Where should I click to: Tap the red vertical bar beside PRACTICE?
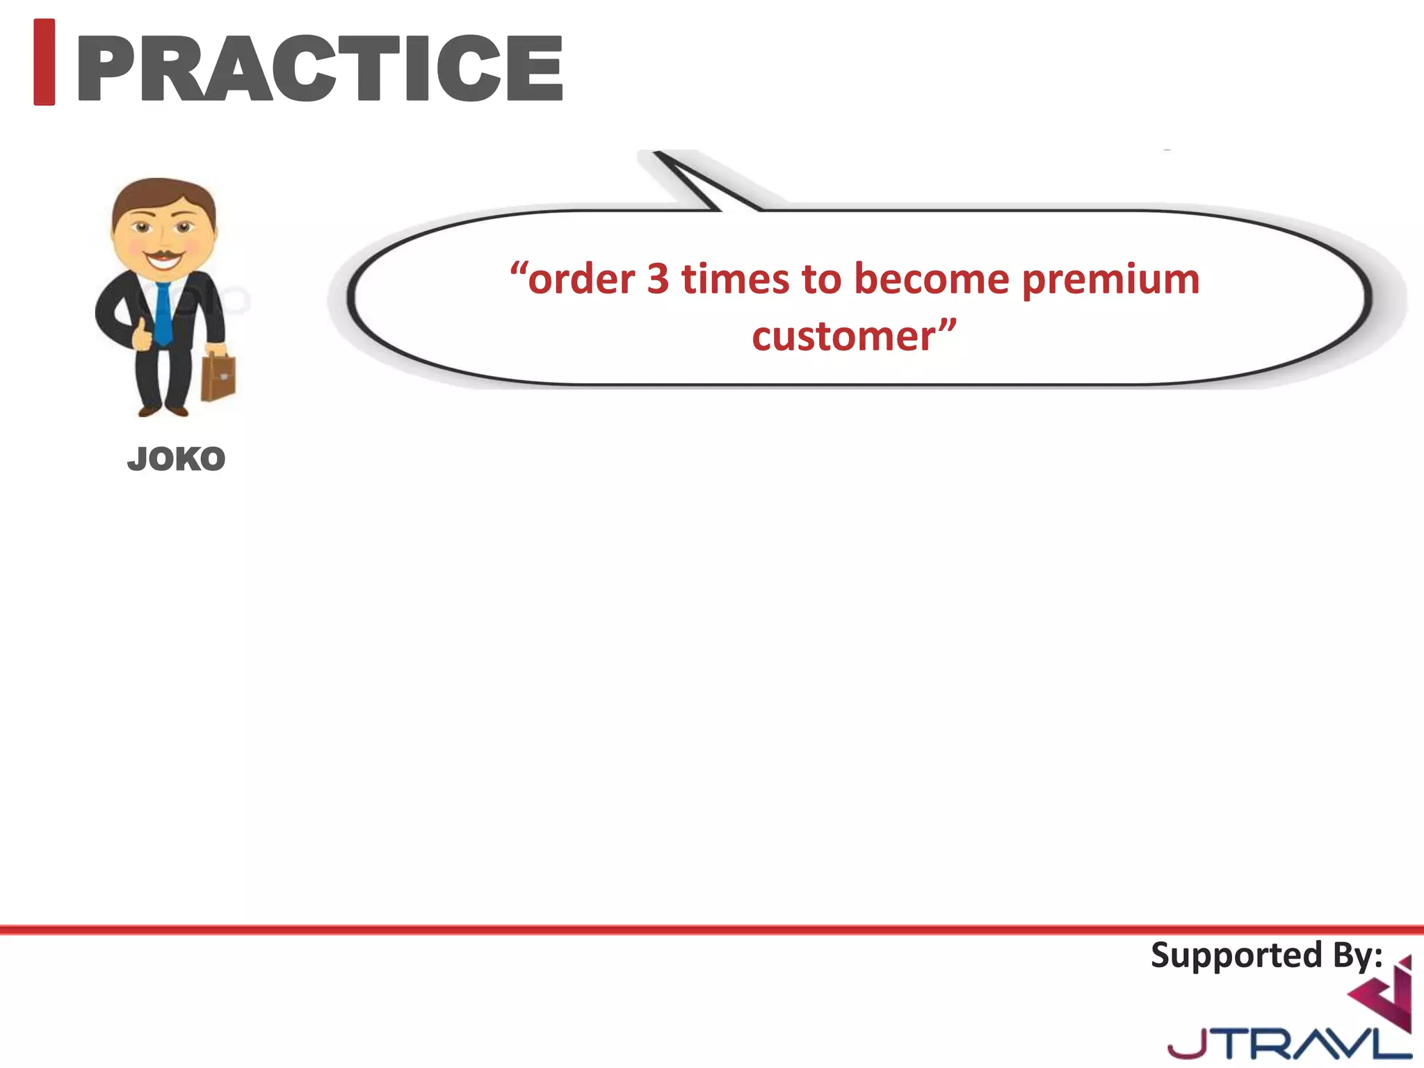click(x=44, y=63)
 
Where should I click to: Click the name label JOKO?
click(x=177, y=460)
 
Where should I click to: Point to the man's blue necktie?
click(x=163, y=313)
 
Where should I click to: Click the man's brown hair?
click(x=163, y=195)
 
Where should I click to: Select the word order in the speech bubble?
click(x=581, y=280)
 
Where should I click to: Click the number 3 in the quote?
click(x=658, y=280)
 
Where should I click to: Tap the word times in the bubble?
click(x=735, y=280)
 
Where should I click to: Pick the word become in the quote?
click(x=931, y=280)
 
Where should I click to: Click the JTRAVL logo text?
click(x=1286, y=1043)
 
